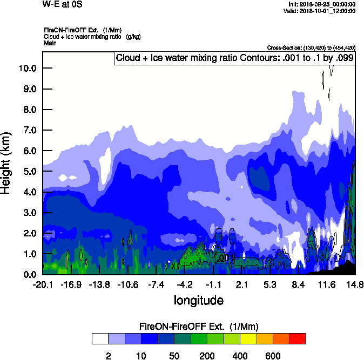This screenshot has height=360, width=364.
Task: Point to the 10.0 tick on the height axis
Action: pos(27,69)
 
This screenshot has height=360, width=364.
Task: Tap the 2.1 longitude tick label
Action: pos(241,284)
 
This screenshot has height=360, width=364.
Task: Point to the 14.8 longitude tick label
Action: pos(354,284)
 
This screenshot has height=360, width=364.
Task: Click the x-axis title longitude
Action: pos(198,300)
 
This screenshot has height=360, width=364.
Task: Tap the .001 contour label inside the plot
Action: pos(225,259)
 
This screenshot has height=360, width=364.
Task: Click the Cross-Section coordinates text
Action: pos(311,47)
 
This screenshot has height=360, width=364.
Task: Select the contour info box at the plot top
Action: pos(234,58)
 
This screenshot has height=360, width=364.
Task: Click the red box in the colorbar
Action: pos(298,338)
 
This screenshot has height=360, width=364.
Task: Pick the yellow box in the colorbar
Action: pos(248,338)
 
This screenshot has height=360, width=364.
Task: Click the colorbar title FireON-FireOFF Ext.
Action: pos(199,327)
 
